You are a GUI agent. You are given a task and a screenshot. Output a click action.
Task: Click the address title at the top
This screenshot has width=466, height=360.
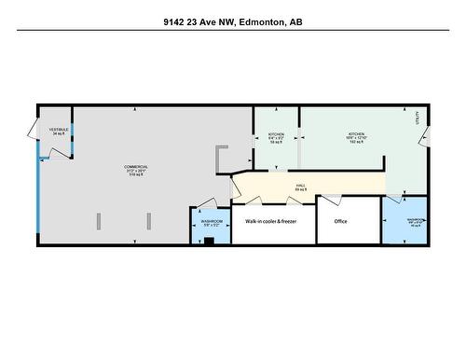tap(232, 20)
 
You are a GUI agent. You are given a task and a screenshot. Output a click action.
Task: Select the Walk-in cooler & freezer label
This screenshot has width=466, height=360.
tap(271, 221)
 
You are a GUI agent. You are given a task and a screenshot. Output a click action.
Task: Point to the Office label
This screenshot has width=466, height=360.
tap(340, 221)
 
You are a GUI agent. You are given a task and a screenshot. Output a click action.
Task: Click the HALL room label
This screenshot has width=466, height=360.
tap(301, 187)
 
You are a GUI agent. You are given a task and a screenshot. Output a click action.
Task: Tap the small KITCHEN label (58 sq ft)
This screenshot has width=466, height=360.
tap(276, 138)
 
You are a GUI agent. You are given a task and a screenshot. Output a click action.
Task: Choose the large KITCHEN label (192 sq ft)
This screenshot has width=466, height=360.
tap(356, 138)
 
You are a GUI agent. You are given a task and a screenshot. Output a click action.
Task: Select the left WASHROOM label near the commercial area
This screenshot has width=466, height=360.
tap(211, 224)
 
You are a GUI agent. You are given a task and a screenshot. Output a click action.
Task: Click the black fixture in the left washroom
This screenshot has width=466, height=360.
tap(209, 241)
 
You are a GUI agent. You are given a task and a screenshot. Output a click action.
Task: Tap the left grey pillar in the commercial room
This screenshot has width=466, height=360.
tap(97, 223)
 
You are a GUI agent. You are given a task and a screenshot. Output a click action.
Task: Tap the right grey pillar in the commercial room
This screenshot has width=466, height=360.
tap(147, 223)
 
